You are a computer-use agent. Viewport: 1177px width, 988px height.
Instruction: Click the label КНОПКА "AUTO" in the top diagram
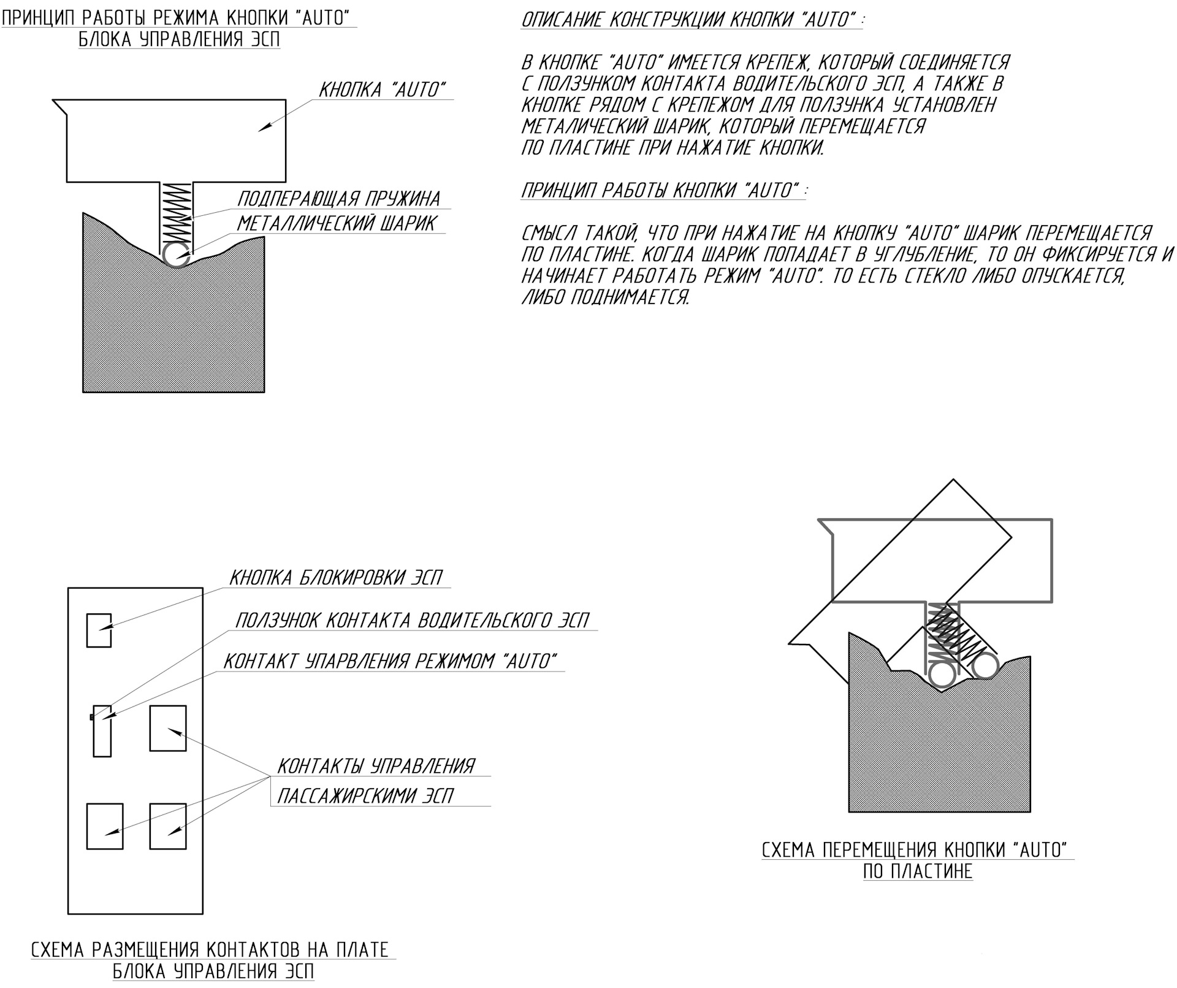tap(383, 90)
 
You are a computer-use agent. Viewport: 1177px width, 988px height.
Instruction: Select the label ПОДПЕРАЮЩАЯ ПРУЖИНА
tap(338, 199)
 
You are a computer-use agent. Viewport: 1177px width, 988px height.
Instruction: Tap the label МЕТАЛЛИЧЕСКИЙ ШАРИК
tap(337, 223)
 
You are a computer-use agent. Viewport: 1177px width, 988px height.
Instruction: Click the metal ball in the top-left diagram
tap(176, 255)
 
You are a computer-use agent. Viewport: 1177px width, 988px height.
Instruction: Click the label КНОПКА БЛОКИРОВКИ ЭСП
tap(335, 578)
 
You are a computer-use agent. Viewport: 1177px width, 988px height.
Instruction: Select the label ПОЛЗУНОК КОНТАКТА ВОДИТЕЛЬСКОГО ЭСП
tap(411, 621)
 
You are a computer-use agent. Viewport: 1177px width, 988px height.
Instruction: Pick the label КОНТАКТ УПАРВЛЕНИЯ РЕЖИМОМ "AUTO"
tap(390, 661)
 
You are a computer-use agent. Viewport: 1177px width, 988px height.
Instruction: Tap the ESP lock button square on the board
tap(99, 630)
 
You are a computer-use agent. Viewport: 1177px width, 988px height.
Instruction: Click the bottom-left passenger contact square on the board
tap(105, 826)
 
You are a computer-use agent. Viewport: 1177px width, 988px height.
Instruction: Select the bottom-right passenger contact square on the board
tap(168, 826)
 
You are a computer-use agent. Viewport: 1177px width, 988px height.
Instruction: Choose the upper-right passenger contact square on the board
tap(168, 728)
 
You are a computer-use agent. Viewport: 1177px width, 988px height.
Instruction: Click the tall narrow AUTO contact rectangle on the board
tap(102, 730)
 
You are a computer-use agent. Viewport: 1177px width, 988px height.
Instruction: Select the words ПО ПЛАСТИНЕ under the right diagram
tap(918, 871)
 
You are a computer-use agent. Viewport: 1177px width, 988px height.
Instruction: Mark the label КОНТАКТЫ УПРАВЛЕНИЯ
tap(376, 766)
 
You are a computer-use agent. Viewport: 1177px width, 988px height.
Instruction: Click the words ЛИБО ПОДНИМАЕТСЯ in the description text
tap(605, 297)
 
